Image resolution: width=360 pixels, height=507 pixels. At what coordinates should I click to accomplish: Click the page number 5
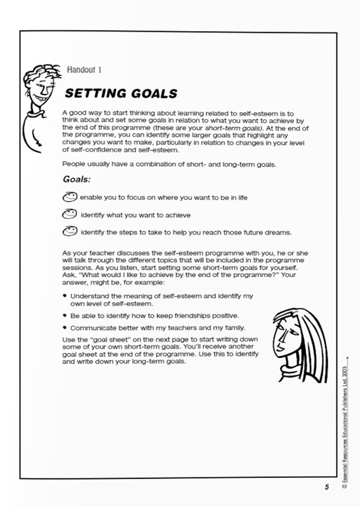[327, 487]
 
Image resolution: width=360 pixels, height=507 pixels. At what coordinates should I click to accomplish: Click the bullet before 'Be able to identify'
[65, 316]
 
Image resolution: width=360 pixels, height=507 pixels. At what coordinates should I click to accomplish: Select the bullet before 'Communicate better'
[65, 328]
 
